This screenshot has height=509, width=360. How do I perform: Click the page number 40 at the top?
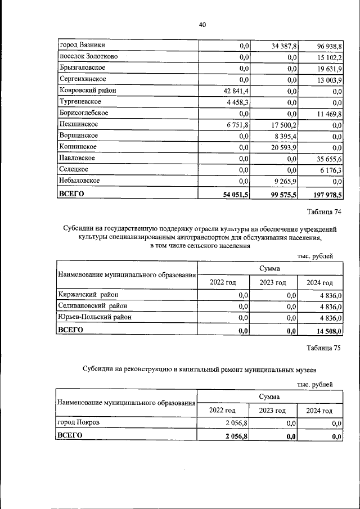[202, 25]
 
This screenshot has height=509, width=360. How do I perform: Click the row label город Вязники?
[82, 45]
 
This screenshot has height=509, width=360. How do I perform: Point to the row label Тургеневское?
[80, 102]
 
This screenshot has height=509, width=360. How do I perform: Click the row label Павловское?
[78, 158]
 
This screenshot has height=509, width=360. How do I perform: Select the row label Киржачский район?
[89, 294]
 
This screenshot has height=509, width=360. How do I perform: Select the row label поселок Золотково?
[89, 57]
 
